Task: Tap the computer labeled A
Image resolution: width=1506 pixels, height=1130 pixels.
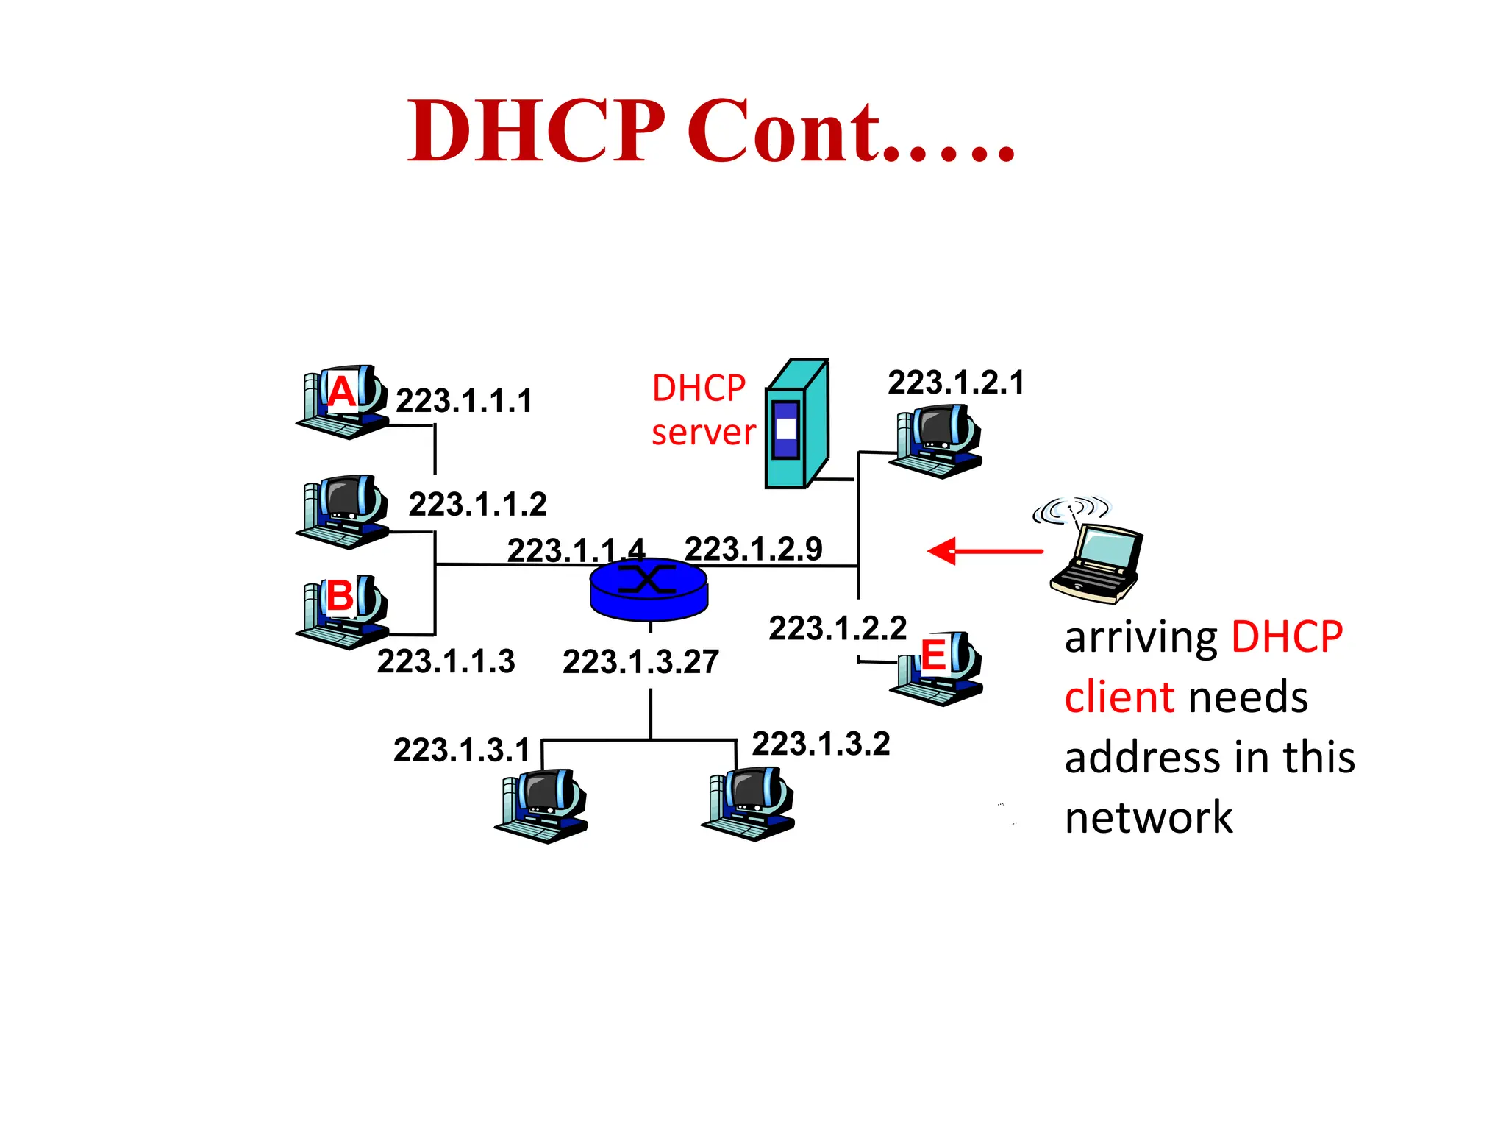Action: (x=343, y=402)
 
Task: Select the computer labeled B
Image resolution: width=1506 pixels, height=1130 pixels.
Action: (x=343, y=612)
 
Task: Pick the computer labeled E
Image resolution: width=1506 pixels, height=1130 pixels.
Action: (x=937, y=668)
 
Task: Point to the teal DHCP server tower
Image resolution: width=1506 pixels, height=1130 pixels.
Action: (x=797, y=425)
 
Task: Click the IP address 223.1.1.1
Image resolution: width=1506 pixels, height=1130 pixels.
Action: (x=463, y=401)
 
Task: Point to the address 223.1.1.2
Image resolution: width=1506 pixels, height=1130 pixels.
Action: (x=477, y=505)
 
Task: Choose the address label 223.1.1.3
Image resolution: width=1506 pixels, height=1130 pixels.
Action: (x=446, y=661)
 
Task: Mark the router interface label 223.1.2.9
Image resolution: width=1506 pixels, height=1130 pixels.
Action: (x=753, y=549)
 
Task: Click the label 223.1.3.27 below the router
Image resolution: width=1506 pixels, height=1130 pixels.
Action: (x=640, y=661)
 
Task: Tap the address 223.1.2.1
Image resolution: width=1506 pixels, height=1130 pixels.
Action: (x=955, y=383)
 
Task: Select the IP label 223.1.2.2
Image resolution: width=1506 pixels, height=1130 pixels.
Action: (x=837, y=628)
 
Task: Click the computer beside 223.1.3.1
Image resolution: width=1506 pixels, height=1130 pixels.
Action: (x=543, y=806)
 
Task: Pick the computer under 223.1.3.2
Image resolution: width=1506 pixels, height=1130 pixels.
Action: (x=749, y=804)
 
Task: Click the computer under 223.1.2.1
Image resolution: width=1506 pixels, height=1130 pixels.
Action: (x=937, y=441)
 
